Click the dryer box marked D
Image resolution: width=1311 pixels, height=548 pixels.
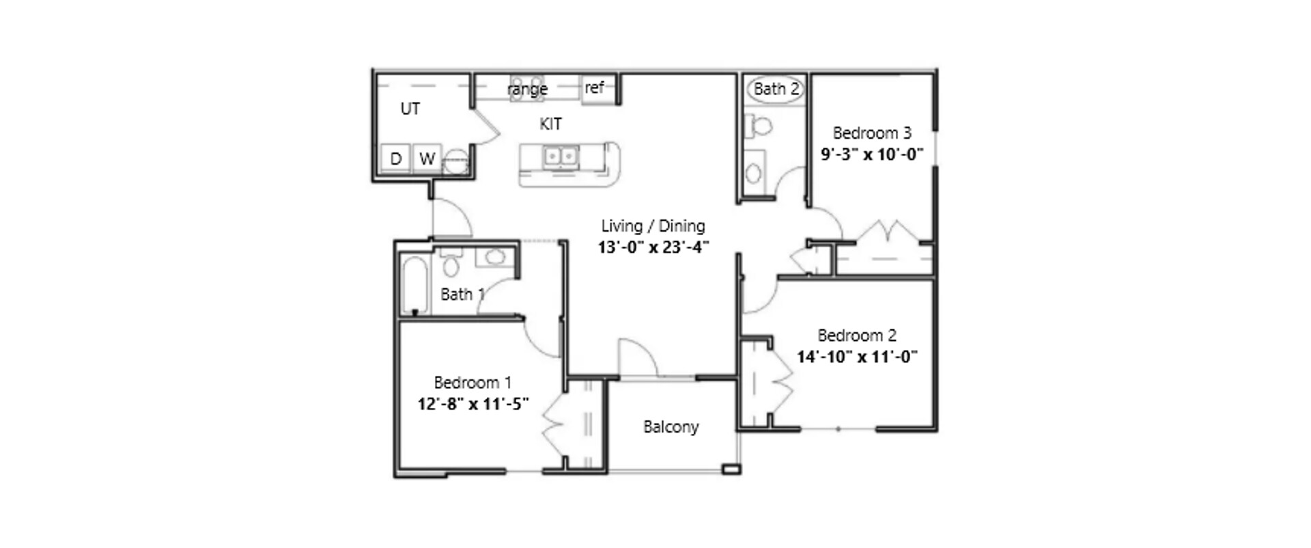click(x=395, y=159)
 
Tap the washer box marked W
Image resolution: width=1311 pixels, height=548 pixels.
click(x=427, y=159)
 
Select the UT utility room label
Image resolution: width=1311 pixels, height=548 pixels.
click(x=410, y=109)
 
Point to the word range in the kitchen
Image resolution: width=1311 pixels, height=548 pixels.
click(x=527, y=89)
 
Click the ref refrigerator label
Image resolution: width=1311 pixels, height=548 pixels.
click(x=594, y=87)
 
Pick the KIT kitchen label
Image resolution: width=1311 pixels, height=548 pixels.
click(x=550, y=124)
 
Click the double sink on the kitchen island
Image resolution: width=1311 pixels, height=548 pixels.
click(x=561, y=157)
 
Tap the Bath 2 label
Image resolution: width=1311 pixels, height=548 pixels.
click(x=776, y=89)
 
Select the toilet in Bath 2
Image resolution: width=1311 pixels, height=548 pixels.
click(x=759, y=126)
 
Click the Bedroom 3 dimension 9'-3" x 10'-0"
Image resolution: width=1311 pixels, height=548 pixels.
click(x=872, y=154)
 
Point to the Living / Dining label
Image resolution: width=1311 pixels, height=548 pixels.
click(x=653, y=225)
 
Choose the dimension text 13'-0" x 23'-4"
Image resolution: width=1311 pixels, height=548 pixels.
click(x=653, y=247)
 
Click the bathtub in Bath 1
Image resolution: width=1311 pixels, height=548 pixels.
click(x=414, y=284)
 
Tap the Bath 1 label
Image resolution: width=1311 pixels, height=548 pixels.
click(x=462, y=294)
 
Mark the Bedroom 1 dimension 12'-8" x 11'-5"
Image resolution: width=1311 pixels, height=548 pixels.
click(x=473, y=404)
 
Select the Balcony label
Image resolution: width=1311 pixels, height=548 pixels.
click(x=671, y=427)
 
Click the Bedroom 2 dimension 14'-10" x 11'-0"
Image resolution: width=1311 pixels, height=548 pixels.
click(x=857, y=357)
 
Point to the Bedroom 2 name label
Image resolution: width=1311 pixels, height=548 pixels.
click(x=857, y=335)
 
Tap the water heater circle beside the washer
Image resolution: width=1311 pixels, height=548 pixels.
click(x=455, y=163)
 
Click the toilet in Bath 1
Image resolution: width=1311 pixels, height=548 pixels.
click(x=451, y=264)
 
